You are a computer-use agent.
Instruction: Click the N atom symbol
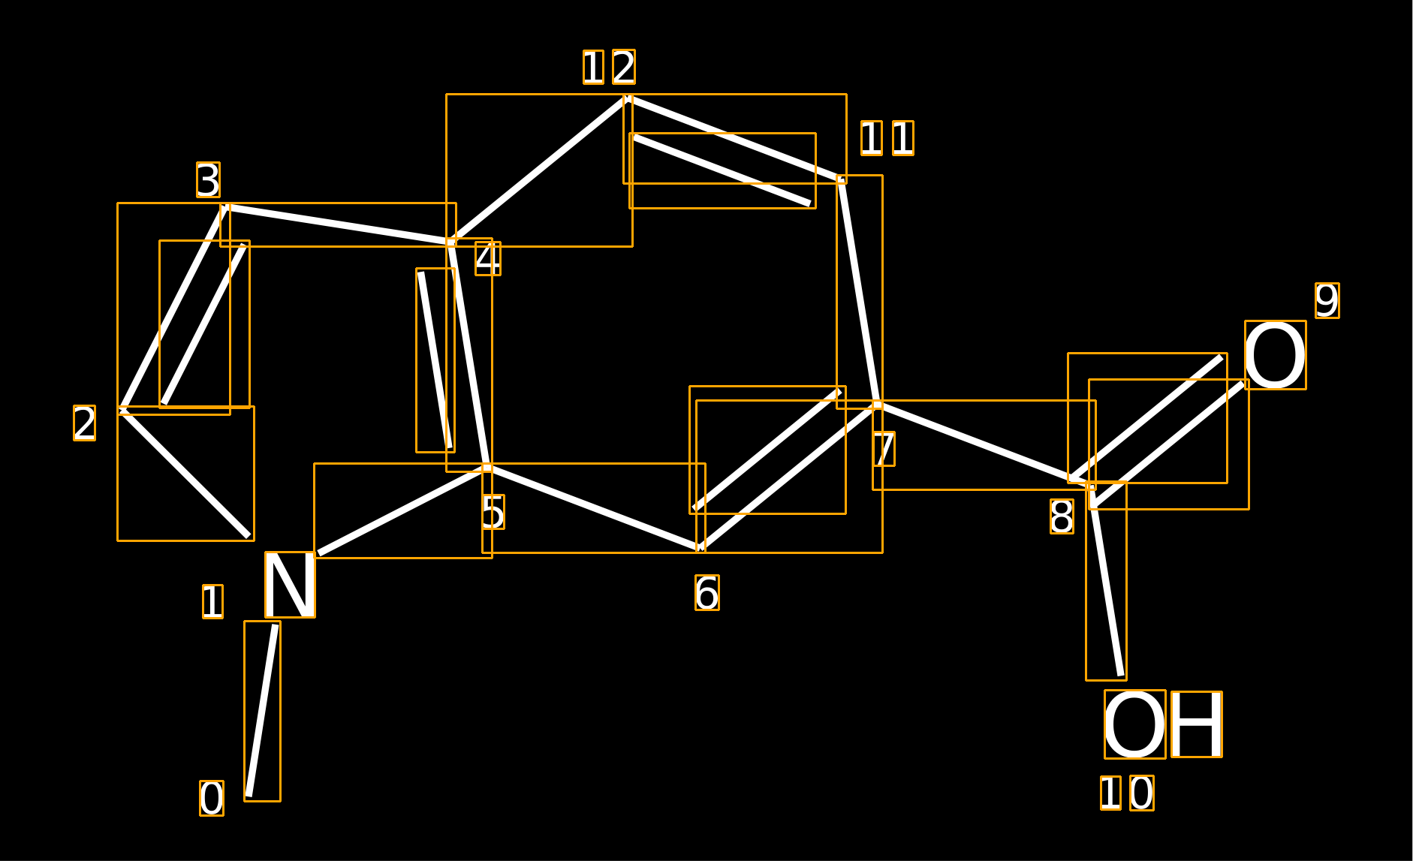tap(290, 585)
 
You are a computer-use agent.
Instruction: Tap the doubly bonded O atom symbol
tap(1275, 355)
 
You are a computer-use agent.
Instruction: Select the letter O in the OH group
tap(1134, 724)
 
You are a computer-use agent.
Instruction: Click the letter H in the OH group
tap(1197, 724)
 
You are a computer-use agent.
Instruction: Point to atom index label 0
tap(212, 799)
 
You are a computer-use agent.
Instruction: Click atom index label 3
tap(208, 180)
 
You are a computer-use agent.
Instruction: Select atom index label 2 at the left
tap(84, 423)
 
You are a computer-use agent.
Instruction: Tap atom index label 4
tap(488, 258)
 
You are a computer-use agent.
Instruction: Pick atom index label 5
tap(493, 512)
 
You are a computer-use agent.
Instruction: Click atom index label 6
tap(707, 593)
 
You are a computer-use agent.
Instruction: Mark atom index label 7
tap(884, 449)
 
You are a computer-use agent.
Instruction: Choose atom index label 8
tap(1062, 516)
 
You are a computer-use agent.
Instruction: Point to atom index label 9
tap(1327, 300)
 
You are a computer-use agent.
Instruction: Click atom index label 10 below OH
tap(1127, 793)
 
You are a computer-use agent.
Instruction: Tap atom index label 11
tap(887, 138)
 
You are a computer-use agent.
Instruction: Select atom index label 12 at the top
tap(609, 67)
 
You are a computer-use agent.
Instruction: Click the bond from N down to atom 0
tap(262, 711)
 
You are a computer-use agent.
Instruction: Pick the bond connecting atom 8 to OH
tap(1106, 581)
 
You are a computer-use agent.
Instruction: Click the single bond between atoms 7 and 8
tap(984, 444)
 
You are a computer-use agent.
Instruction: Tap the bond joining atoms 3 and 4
tap(338, 224)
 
